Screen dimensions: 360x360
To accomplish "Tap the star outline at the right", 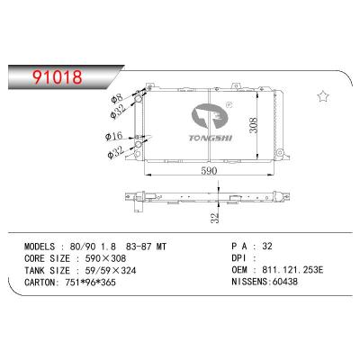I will [322, 94].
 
